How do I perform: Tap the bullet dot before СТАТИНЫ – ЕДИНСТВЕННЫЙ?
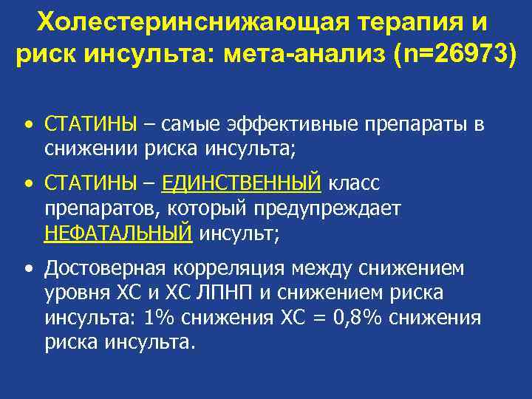(x=27, y=182)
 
